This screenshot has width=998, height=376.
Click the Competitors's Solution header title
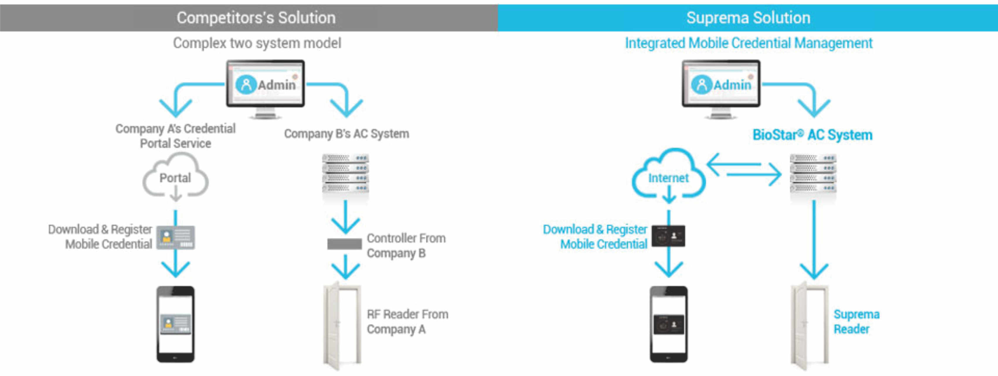click(x=256, y=18)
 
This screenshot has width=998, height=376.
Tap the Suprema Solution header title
click(x=748, y=18)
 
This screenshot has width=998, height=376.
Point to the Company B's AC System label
click(x=346, y=134)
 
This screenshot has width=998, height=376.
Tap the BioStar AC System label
click(x=812, y=135)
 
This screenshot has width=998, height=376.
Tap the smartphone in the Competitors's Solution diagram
click(x=176, y=324)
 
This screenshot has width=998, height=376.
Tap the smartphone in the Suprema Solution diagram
click(x=669, y=324)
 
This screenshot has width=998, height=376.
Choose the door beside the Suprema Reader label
click(x=809, y=325)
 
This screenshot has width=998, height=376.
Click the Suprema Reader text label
click(x=856, y=321)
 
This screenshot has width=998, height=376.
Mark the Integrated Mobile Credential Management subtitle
click(x=749, y=43)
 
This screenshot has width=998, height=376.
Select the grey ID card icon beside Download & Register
click(x=176, y=237)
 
